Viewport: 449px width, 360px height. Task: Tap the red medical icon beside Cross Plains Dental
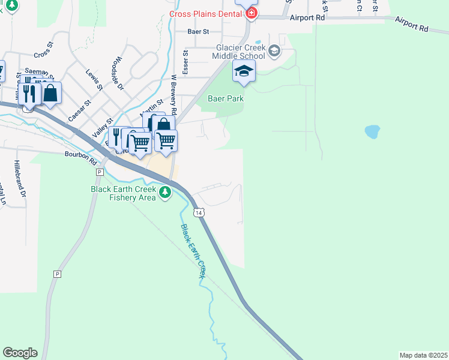pos(251,13)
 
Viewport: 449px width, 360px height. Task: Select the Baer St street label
pos(197,31)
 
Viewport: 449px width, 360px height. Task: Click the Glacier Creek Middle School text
pos(237,52)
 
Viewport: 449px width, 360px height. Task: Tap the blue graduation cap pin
pos(244,71)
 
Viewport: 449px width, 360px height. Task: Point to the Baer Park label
pos(226,98)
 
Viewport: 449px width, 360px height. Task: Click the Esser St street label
pos(186,62)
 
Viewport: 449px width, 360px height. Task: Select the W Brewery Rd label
pos(173,95)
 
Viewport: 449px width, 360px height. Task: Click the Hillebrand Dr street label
pos(21,179)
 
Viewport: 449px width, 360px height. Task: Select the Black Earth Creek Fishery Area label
pos(123,193)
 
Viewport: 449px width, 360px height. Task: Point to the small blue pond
pos(372,131)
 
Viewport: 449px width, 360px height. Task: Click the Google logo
pos(20,353)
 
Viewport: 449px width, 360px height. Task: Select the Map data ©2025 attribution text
pos(423,355)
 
